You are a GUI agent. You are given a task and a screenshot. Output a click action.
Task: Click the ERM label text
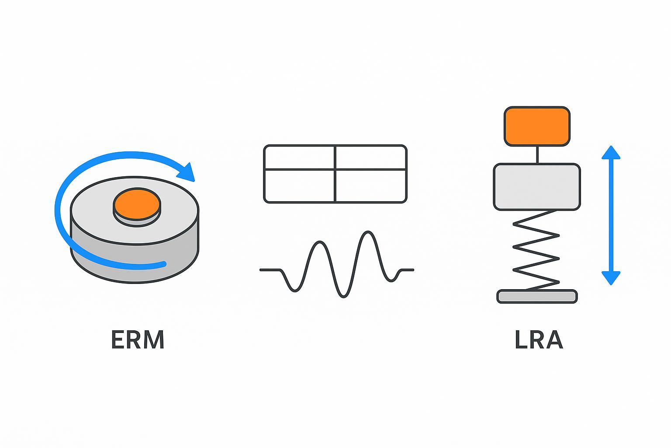click(138, 339)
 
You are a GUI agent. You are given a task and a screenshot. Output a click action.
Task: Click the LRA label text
click(539, 339)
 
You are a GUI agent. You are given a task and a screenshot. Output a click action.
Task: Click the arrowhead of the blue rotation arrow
click(187, 172)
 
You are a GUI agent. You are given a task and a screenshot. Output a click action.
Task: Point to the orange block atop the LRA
click(537, 126)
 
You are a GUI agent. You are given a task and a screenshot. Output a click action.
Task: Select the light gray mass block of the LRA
click(537, 187)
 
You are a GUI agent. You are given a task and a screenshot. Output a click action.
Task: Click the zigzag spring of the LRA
click(536, 250)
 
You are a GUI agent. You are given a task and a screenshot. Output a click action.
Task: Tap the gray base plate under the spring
click(537, 297)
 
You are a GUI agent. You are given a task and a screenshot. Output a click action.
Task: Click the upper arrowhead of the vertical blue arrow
click(611, 152)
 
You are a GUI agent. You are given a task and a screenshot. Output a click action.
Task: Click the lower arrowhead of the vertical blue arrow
click(611, 278)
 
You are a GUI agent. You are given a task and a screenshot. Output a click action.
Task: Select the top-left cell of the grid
click(299, 157)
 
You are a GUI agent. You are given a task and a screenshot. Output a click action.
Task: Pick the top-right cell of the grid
click(371, 157)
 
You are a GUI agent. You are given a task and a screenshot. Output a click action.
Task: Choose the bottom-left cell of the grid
click(299, 186)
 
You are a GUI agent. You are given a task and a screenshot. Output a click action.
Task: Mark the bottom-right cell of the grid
click(371, 186)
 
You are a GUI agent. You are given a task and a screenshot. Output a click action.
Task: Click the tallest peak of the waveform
click(368, 231)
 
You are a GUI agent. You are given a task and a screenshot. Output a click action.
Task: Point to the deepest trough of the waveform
click(344, 297)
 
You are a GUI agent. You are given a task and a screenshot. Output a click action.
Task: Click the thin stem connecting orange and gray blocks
click(537, 155)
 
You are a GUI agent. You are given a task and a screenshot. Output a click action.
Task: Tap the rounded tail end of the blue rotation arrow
click(163, 264)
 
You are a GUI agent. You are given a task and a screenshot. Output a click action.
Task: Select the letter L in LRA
click(521, 339)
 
